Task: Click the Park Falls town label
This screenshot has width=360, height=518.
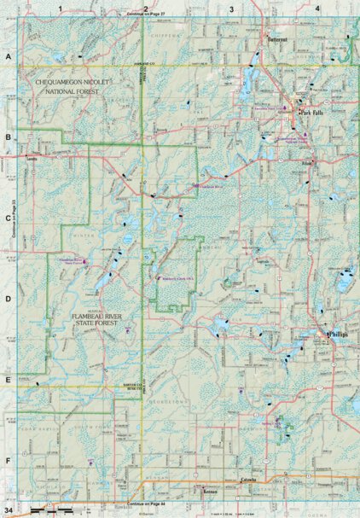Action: (309, 110)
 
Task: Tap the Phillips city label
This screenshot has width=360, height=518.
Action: (340, 335)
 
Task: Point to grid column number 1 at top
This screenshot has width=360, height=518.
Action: (62, 8)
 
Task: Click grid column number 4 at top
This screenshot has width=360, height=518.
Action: (317, 8)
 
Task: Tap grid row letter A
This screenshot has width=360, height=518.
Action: (8, 56)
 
